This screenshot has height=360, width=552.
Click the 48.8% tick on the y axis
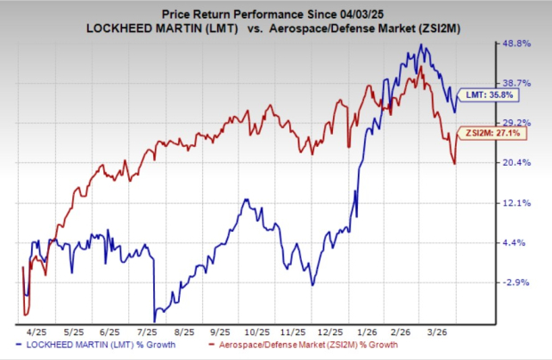tap(518, 43)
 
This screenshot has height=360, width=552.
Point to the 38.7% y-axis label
tap(518, 82)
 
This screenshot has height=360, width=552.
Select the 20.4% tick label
tap(518, 162)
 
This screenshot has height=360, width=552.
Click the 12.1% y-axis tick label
tap(518, 202)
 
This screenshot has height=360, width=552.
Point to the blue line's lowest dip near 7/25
tap(154, 320)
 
